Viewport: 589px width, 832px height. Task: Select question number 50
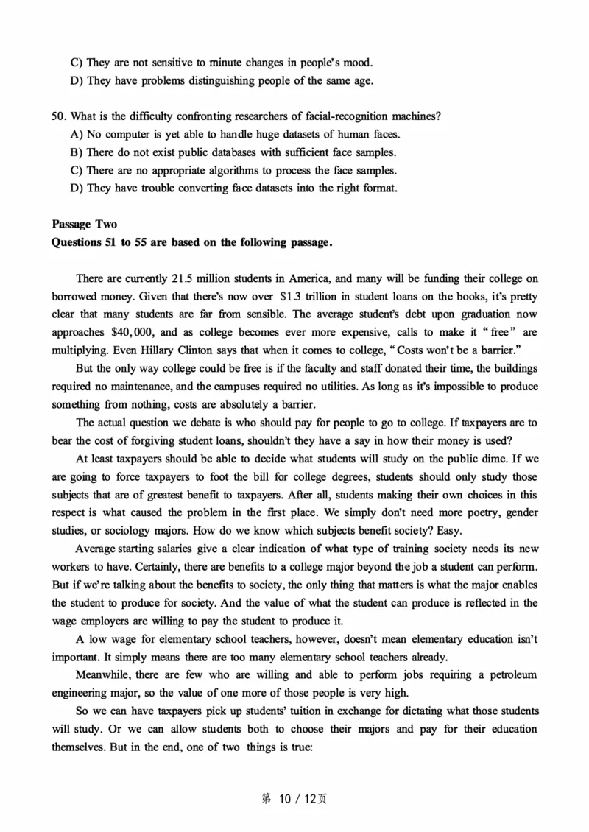(x=59, y=116)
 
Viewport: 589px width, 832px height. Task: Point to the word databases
(x=213, y=152)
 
